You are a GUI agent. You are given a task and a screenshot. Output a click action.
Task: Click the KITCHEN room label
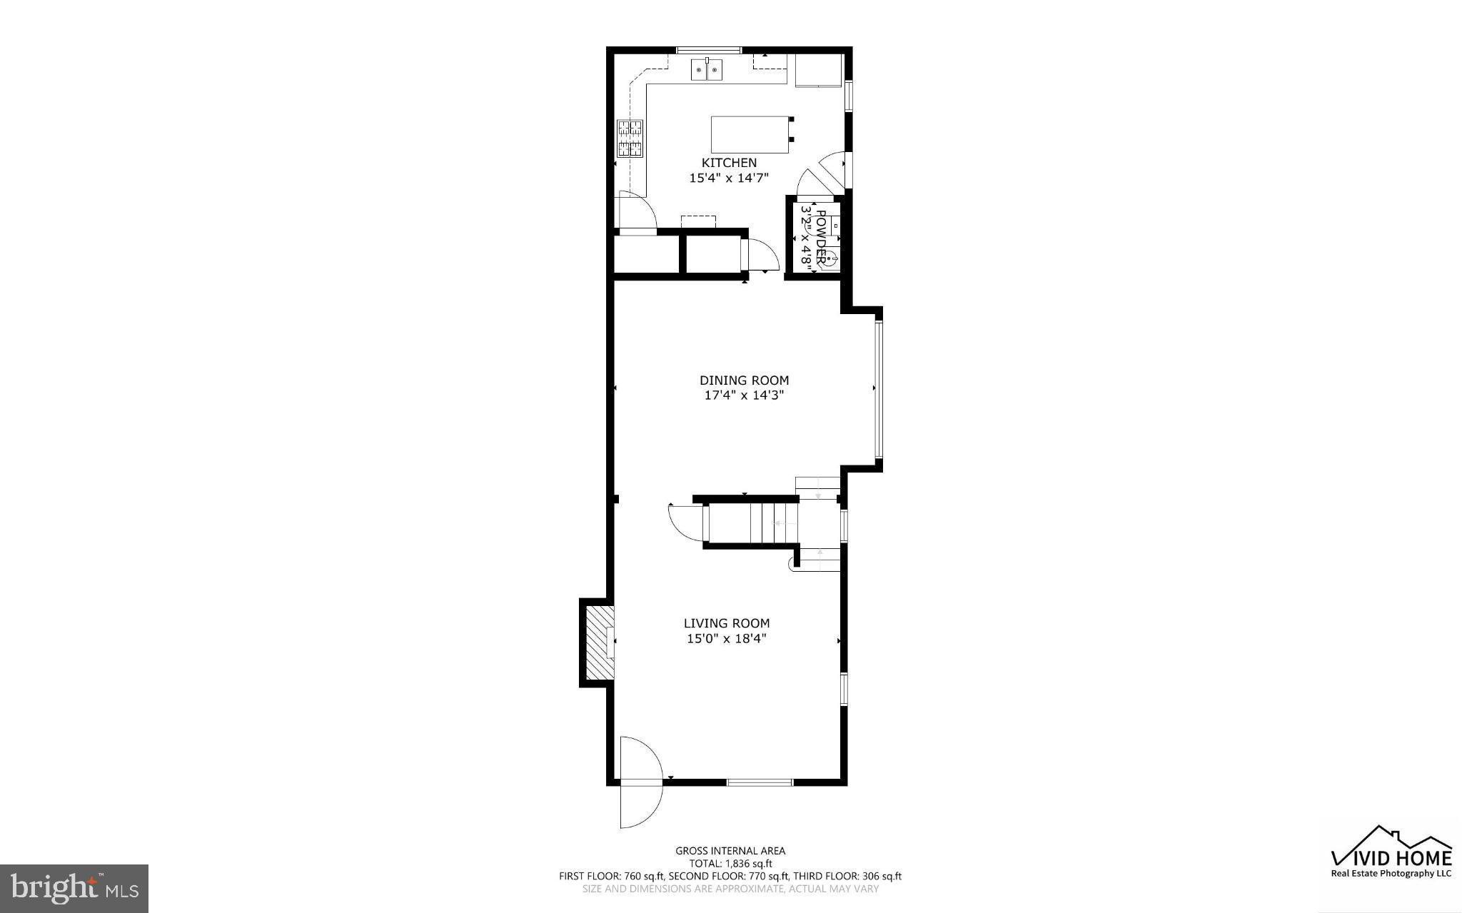(728, 163)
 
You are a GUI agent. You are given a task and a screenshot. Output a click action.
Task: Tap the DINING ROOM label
(744, 380)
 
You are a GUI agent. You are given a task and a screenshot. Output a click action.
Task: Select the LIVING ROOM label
(727, 623)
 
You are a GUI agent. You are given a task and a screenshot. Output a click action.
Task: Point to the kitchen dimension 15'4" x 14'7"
(728, 178)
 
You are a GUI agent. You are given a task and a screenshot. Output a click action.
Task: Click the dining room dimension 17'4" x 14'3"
(744, 395)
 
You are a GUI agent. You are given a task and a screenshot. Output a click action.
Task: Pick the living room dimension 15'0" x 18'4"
(727, 639)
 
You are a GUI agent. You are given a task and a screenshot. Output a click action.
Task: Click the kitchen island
(750, 134)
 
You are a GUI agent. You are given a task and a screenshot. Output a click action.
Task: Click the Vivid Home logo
(1391, 854)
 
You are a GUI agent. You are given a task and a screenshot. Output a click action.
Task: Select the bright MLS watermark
(74, 887)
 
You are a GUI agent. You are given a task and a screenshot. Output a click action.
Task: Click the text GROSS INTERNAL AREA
(730, 850)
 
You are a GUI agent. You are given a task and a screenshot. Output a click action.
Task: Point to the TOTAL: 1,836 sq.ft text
(730, 863)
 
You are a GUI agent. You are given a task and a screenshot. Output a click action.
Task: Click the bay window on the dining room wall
(879, 389)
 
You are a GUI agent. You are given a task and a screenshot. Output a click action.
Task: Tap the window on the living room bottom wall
(760, 782)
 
